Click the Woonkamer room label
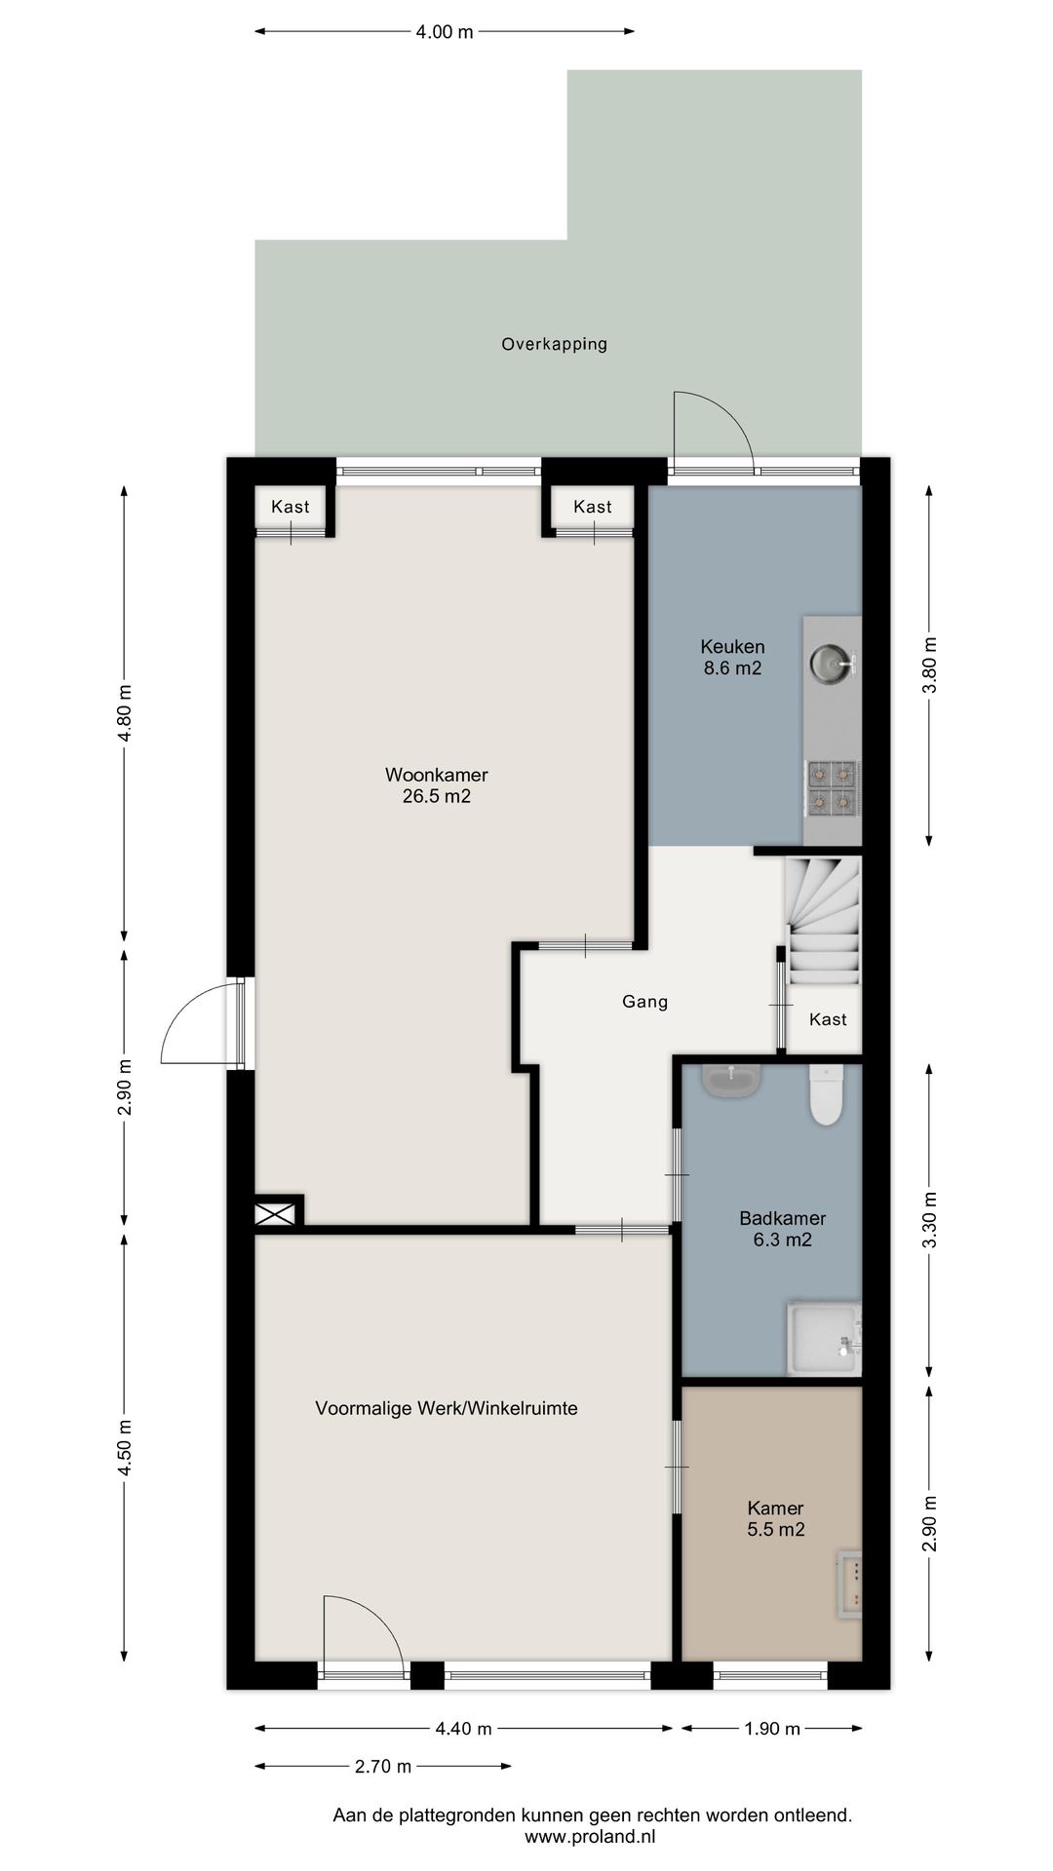click(x=436, y=776)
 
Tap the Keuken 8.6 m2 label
click(x=732, y=658)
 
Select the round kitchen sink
click(x=831, y=665)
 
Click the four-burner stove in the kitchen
click(x=832, y=788)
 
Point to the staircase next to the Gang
click(x=824, y=921)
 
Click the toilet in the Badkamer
click(x=826, y=1094)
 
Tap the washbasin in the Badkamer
click(x=731, y=1081)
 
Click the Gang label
click(x=645, y=1002)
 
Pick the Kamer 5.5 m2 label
click(x=776, y=1519)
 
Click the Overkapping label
click(x=555, y=344)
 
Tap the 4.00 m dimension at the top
click(x=445, y=32)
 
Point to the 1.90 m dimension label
click(x=772, y=1730)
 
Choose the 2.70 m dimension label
click(x=383, y=1767)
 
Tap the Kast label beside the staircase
click(x=828, y=1019)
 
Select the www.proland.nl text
click(x=591, y=1837)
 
